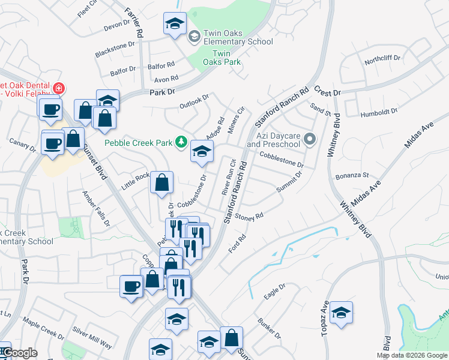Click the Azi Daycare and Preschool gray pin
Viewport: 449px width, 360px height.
[x=310, y=140]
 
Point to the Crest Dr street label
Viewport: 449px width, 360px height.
[x=328, y=92]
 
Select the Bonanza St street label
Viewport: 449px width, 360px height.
[x=352, y=175]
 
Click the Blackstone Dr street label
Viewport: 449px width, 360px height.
[x=112, y=50]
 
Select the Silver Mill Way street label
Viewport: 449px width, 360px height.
[x=92, y=338]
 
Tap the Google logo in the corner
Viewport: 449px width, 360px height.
[x=20, y=353]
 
